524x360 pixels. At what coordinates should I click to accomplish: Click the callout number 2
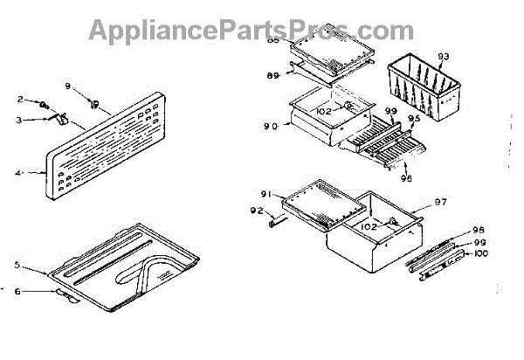[x=27, y=101]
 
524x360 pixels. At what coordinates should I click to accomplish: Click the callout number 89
[x=272, y=76]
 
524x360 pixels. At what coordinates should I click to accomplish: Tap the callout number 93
[x=443, y=56]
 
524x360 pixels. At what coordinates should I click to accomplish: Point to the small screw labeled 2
[x=42, y=104]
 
